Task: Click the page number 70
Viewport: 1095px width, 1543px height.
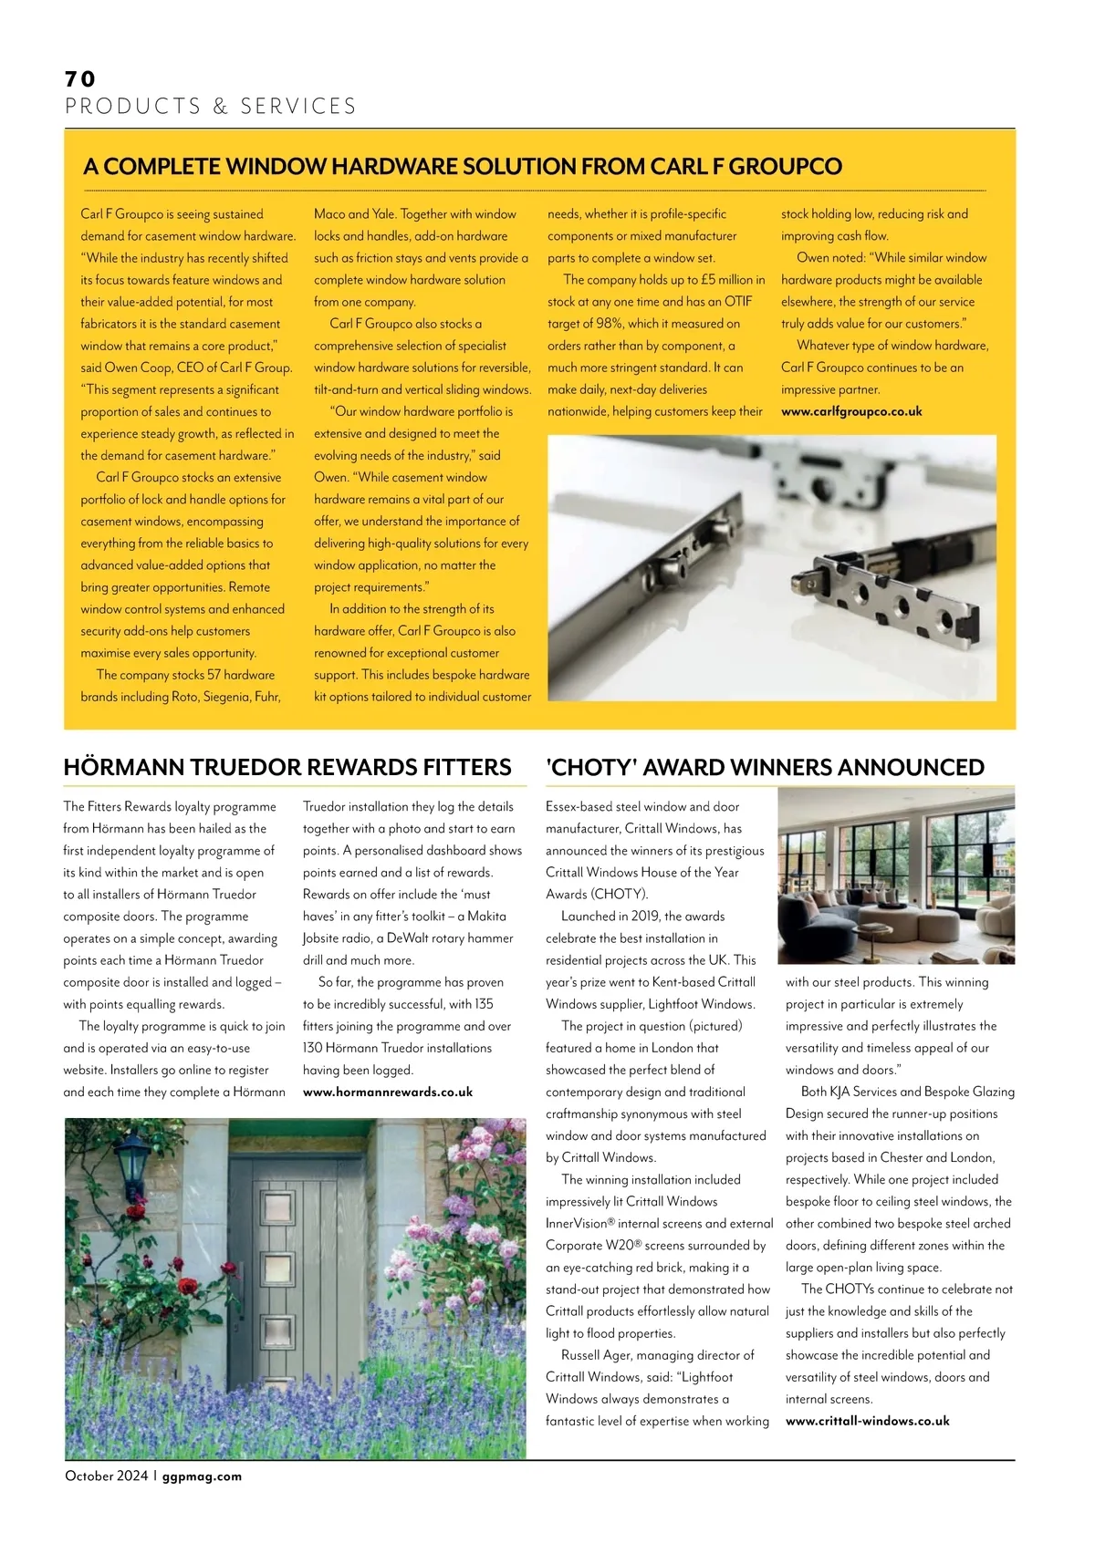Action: point(80,79)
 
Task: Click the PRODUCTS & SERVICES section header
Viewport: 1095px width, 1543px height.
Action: point(211,107)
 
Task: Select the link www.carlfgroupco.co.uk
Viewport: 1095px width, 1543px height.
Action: point(851,411)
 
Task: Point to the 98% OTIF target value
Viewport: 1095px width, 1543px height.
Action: point(609,324)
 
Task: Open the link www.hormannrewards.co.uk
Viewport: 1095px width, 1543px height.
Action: point(388,1092)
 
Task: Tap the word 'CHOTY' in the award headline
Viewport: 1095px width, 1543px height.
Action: point(590,767)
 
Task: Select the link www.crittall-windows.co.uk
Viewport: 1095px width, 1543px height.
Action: point(867,1421)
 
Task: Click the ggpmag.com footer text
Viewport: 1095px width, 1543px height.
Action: point(202,1476)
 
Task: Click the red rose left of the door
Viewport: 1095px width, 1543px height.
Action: point(187,1287)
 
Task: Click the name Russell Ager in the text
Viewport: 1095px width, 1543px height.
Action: point(595,1355)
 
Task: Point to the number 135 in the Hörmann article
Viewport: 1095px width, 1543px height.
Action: point(484,1004)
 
